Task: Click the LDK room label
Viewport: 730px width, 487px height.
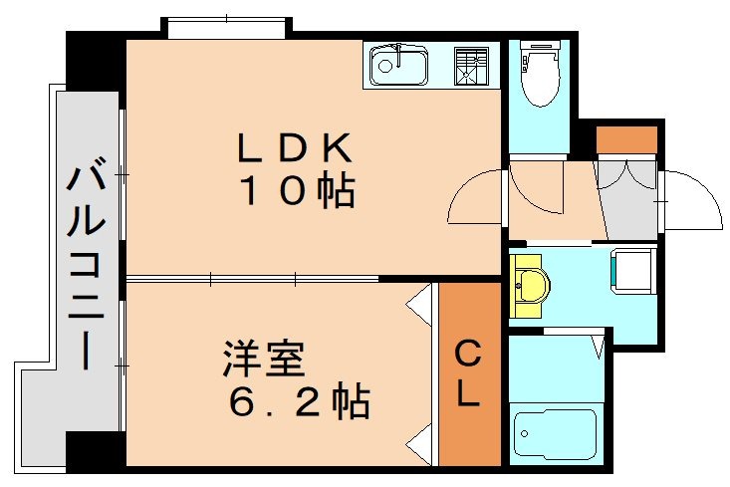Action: (293, 148)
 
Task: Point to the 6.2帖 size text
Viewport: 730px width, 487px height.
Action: (298, 402)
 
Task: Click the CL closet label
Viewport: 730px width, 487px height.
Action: (468, 373)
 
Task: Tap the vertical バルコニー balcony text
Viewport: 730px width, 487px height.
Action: (88, 269)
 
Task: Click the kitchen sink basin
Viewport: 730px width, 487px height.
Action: (398, 68)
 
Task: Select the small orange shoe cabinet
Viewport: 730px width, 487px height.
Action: (626, 139)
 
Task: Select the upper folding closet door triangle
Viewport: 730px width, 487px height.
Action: (419, 298)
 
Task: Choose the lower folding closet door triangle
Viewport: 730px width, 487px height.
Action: (419, 438)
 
